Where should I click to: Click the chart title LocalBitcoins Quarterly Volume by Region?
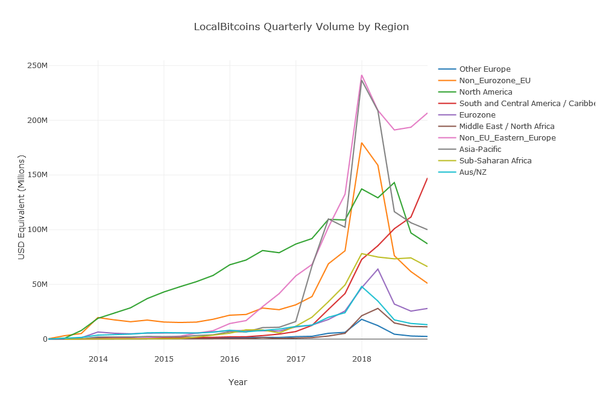pos(301,27)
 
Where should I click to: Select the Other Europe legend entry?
pos(485,69)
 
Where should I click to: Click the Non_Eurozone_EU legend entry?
pos(494,80)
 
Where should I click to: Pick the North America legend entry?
pos(485,92)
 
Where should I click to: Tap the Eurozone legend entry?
pos(477,115)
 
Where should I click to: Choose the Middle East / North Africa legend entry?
pos(507,126)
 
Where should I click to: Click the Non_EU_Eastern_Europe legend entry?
pos(507,137)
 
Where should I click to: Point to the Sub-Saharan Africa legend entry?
pos(495,160)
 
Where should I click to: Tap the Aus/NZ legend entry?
pos(474,172)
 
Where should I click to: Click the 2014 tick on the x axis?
pos(98,360)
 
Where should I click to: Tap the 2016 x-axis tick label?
pos(230,360)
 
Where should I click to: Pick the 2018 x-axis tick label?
pos(361,360)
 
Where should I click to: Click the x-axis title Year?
pos(238,382)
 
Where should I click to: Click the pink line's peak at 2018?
pos(361,75)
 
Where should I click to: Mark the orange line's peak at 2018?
pos(361,143)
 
